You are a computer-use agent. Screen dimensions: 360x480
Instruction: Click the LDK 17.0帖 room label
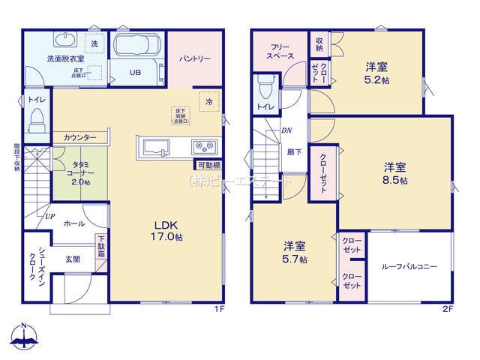[x=168, y=230]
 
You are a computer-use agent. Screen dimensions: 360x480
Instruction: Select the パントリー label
[x=194, y=58]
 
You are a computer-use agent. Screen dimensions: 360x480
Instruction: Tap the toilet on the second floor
[x=264, y=89]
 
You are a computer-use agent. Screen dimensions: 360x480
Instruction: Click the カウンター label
[x=79, y=138]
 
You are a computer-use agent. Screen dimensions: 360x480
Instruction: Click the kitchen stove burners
[x=204, y=145]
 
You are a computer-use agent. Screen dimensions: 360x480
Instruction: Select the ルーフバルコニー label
[x=409, y=266]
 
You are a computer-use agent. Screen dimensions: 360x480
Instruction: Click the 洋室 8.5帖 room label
[x=395, y=173]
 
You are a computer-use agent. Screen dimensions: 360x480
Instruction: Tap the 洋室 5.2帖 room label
[x=375, y=72]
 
